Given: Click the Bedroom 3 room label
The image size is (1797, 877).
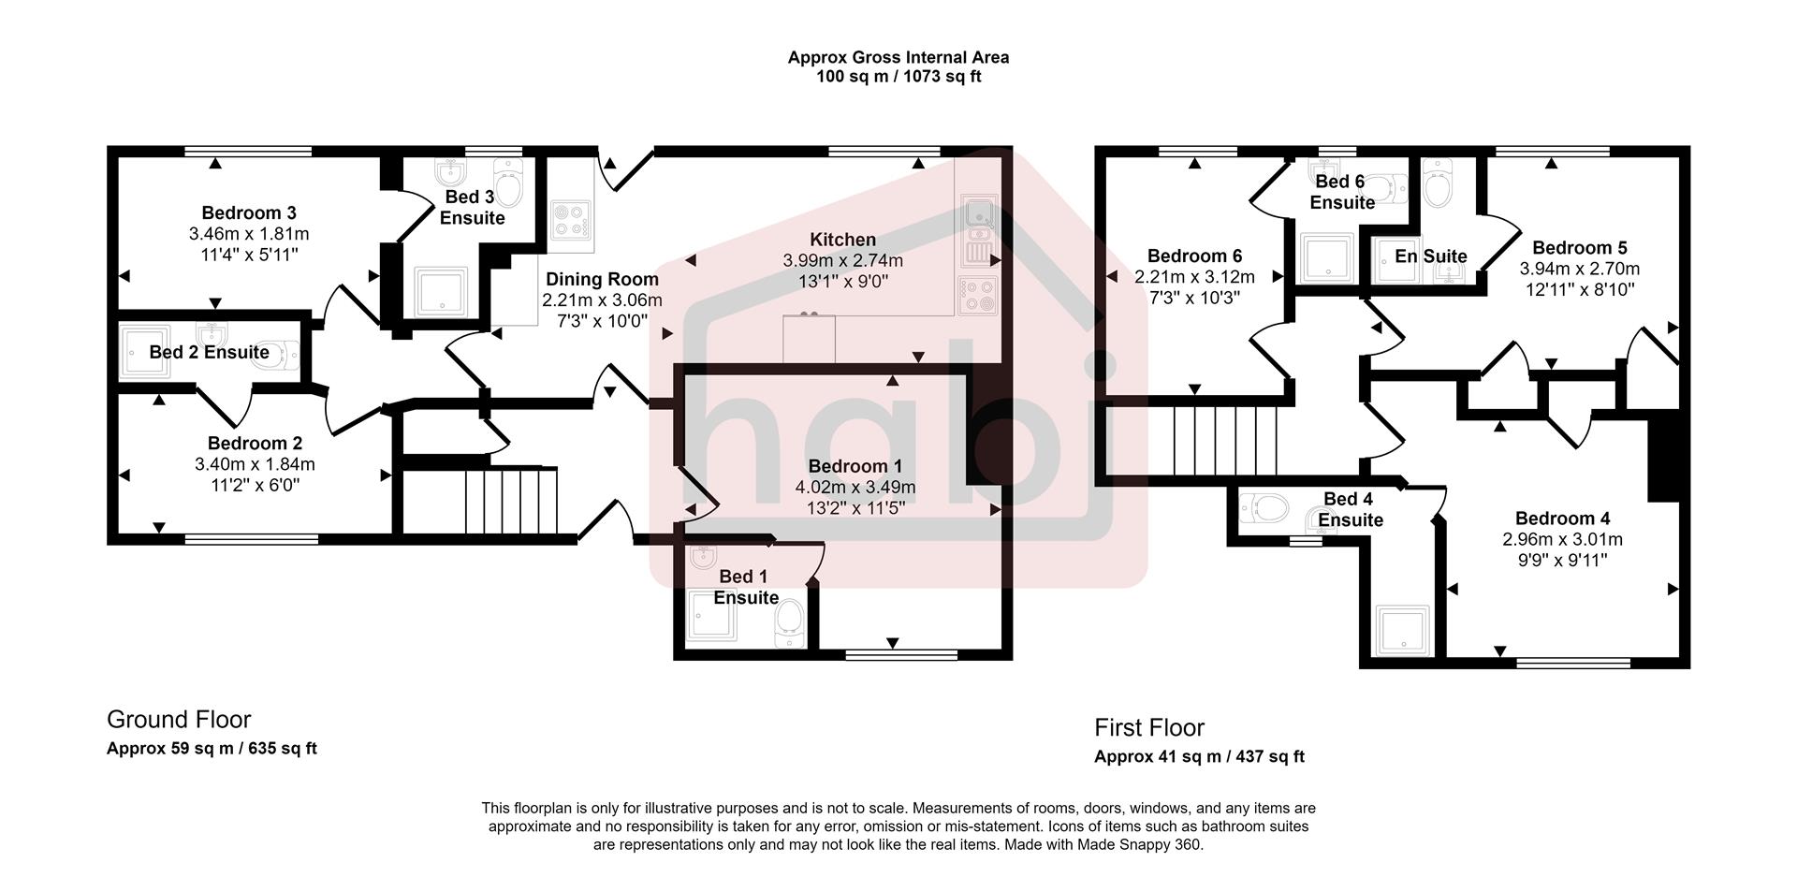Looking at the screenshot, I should click(x=248, y=212).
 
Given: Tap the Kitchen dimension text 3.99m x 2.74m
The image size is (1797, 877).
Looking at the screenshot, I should click(x=842, y=260).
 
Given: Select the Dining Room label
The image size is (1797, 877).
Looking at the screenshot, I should click(x=602, y=279).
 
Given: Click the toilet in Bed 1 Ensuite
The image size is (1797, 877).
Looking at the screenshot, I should click(x=790, y=622).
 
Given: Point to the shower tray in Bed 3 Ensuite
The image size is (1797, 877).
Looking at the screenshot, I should click(x=441, y=291).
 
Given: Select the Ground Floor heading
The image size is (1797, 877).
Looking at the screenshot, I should click(x=179, y=720).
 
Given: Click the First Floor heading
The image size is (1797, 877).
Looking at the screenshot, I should click(x=1149, y=727).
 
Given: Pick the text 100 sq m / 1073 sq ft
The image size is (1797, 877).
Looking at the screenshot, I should click(x=898, y=77).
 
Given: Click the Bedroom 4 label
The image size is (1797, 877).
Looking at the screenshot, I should click(x=1562, y=519).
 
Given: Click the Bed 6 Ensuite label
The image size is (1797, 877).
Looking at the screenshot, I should click(x=1341, y=192).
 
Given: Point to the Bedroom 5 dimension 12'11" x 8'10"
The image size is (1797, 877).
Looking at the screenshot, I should click(x=1579, y=290).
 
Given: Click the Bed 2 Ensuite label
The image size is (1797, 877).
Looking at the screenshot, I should click(x=209, y=352).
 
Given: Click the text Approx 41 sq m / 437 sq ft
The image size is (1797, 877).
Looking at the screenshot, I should click(x=1199, y=756).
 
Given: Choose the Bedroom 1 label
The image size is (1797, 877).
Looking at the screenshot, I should click(x=855, y=466).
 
